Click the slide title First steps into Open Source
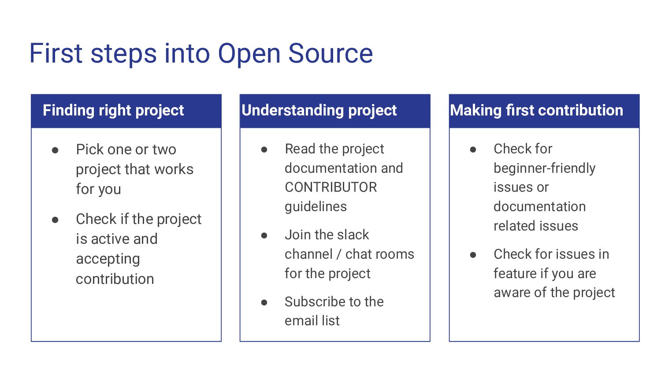[x=201, y=53]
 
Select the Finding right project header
[x=113, y=110]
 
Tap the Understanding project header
[x=319, y=110]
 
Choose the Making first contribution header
[x=536, y=110]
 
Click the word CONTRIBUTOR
[x=330, y=187]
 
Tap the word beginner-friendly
[x=544, y=168]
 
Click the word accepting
[x=108, y=259]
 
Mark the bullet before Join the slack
[x=264, y=236]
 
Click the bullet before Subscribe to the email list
[x=264, y=302]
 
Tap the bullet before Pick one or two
[x=56, y=150]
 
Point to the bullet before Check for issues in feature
[x=473, y=255]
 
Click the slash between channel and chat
[x=339, y=254]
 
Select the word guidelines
[x=316, y=207]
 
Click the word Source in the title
[x=330, y=53]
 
